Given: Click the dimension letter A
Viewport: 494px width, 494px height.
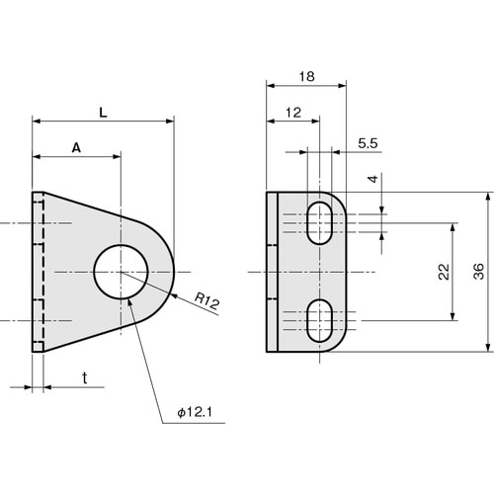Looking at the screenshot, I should click(76, 147).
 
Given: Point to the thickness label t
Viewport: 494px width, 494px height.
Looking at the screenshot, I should click(85, 377).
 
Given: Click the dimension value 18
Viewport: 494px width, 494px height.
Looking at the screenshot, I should click(305, 75).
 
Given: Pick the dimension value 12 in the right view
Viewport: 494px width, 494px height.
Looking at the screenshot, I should click(292, 113).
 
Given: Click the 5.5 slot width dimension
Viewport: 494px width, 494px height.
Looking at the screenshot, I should click(369, 143).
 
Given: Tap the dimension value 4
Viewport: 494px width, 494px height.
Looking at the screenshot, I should click(372, 180).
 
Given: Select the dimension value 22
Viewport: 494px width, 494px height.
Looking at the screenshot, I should click(443, 271).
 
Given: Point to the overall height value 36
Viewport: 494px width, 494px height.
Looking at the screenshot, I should click(477, 271).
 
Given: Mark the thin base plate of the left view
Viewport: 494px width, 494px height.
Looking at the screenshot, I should click(38, 271).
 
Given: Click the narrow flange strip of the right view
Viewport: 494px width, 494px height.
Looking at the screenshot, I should click(272, 271).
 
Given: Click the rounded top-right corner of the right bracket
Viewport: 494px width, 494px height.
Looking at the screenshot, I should click(339, 200).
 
